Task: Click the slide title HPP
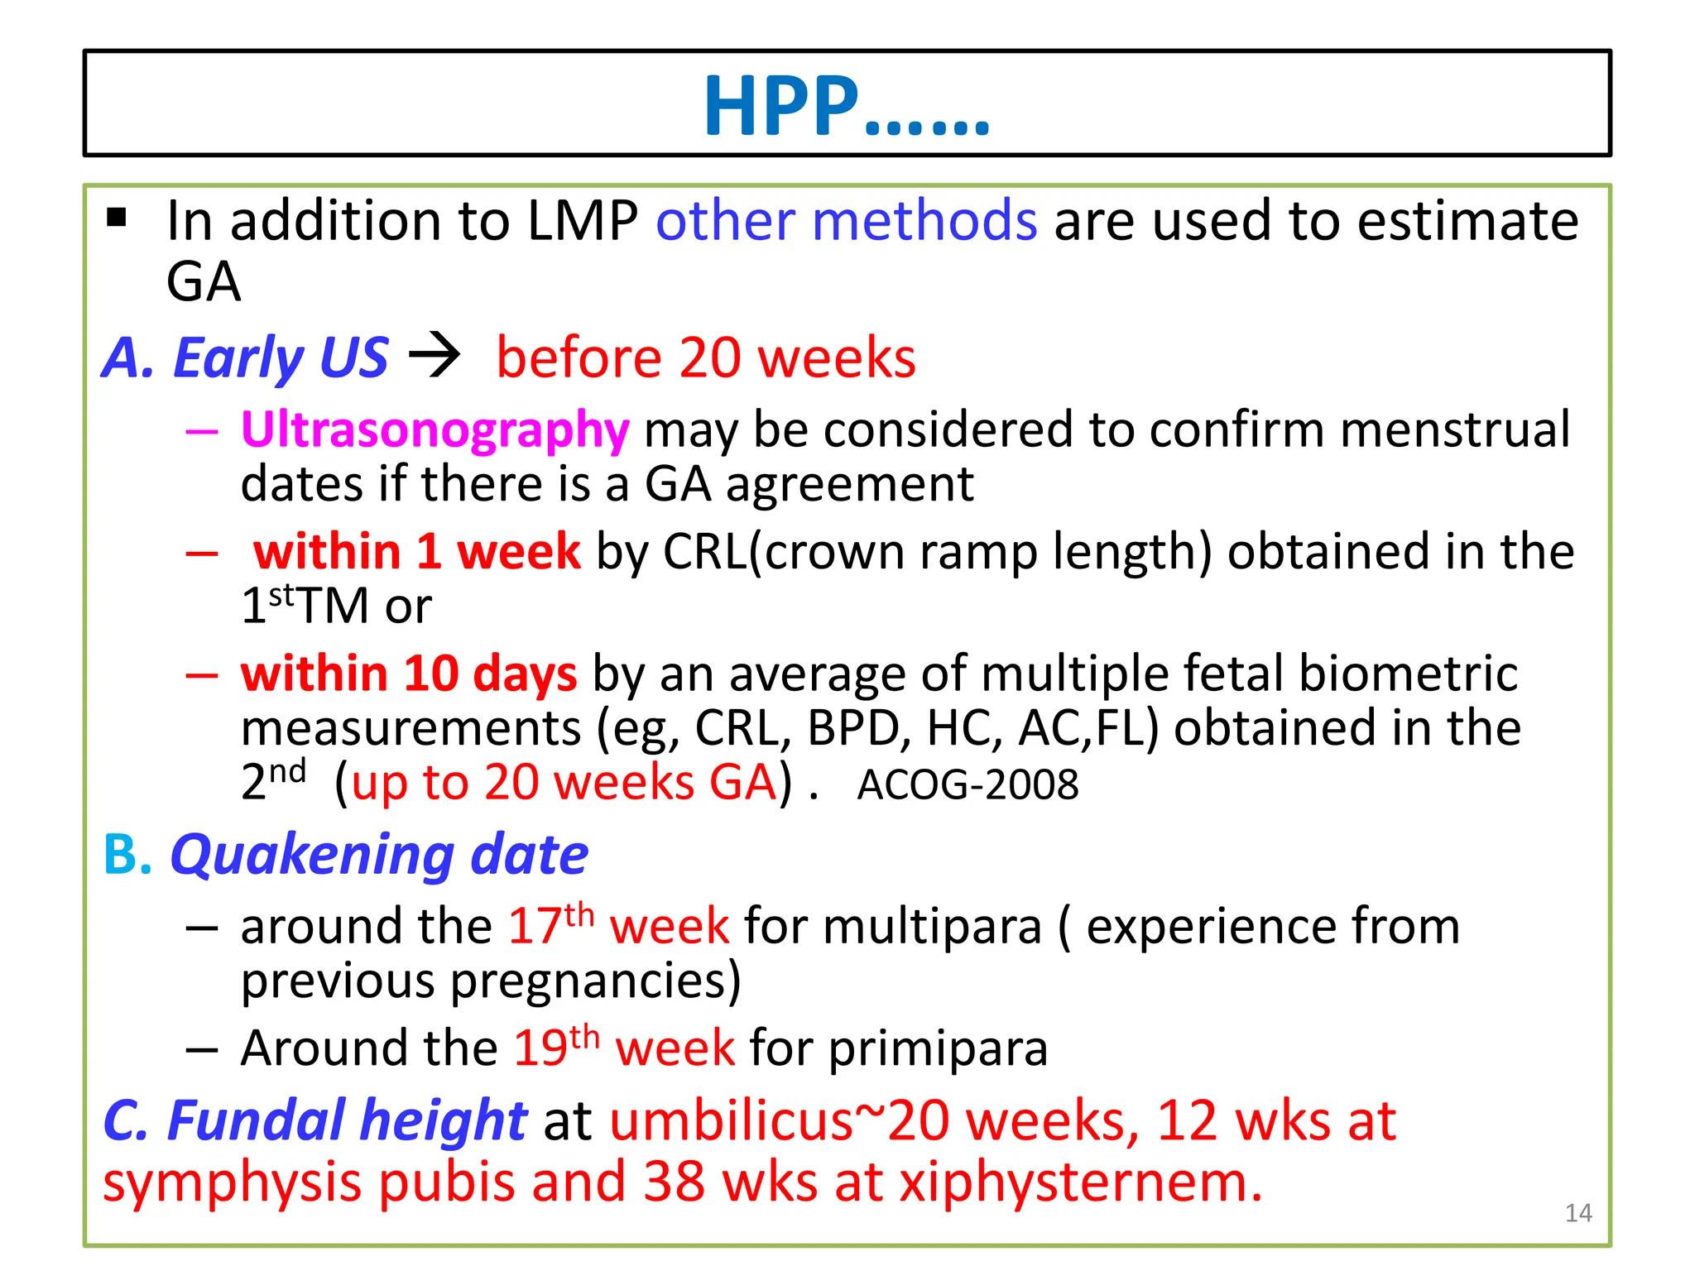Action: [x=846, y=106]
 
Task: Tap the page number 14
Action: [x=1578, y=1213]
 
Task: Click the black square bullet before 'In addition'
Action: [x=117, y=218]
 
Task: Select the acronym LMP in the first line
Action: [x=583, y=222]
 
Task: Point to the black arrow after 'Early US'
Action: [x=435, y=356]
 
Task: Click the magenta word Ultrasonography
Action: [x=435, y=430]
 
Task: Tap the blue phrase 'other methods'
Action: [x=846, y=222]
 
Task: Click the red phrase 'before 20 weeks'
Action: [x=705, y=358]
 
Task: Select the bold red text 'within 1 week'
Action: [x=416, y=552]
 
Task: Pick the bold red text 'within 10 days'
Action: [x=409, y=674]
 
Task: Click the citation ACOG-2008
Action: [x=968, y=784]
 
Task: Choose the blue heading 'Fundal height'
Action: [x=346, y=1121]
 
